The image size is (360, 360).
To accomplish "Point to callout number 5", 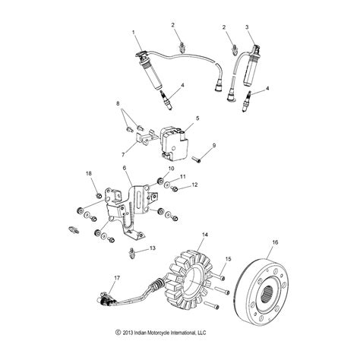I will (x=197, y=118).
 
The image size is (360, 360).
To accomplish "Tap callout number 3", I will (x=246, y=27).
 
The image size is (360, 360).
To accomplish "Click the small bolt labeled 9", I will (x=201, y=159).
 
